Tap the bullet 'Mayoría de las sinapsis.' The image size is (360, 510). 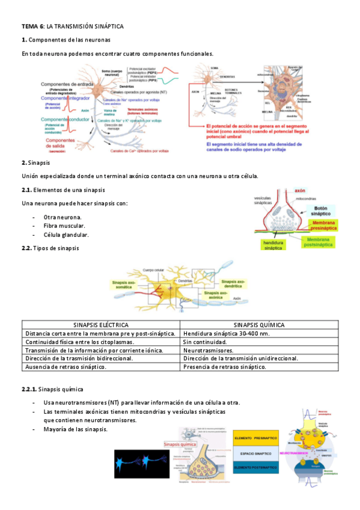pos(76,429)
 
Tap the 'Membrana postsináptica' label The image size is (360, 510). pos(319,242)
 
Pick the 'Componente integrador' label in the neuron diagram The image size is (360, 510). pos(67,98)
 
